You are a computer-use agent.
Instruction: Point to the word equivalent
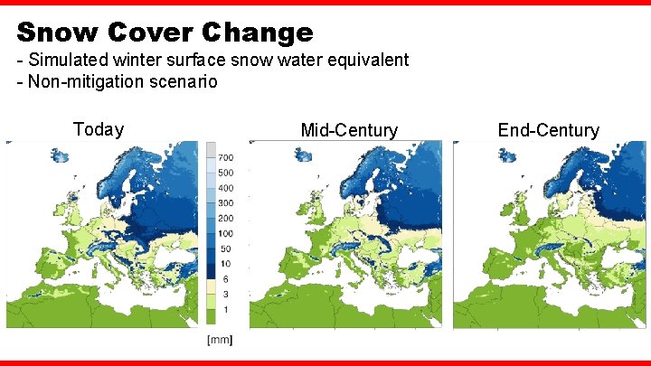click(x=368, y=61)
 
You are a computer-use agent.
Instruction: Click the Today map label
click(x=98, y=129)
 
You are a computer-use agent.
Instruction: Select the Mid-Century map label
click(x=349, y=130)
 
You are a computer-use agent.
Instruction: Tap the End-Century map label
click(x=548, y=130)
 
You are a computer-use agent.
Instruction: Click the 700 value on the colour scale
click(x=225, y=158)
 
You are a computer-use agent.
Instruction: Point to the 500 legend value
click(x=225, y=173)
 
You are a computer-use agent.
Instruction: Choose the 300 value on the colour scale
click(x=225, y=203)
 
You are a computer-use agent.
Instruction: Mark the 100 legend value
click(x=225, y=234)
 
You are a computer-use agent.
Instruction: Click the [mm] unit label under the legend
click(x=220, y=340)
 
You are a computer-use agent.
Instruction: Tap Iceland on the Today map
click(x=61, y=155)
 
